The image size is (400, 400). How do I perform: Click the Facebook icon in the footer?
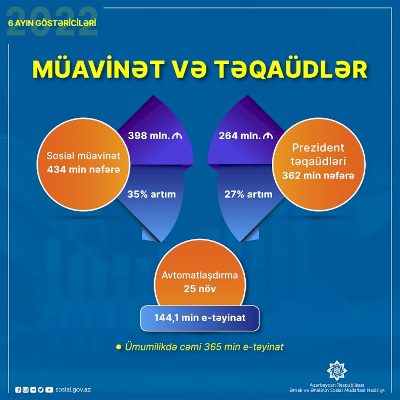click(18, 390)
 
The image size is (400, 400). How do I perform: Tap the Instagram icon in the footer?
click(26, 390)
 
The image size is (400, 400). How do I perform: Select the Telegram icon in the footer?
click(33, 390)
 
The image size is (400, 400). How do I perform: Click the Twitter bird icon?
click(41, 390)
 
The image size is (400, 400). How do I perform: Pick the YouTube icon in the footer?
click(49, 390)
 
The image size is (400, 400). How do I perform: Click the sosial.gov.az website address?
click(73, 390)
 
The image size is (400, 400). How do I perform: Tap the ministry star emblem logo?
click(337, 371)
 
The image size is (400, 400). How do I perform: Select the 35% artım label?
click(151, 194)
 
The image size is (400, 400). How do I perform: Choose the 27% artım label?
click(248, 194)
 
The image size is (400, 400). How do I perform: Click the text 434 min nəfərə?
click(83, 170)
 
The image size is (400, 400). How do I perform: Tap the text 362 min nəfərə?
click(318, 175)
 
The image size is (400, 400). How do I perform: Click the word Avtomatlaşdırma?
click(200, 275)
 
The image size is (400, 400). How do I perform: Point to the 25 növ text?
click(200, 289)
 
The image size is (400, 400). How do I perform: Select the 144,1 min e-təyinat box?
click(200, 318)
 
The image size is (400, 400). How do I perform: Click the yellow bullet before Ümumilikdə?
click(118, 347)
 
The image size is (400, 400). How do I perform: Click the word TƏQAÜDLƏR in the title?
click(291, 69)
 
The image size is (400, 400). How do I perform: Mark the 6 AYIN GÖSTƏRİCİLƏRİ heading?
click(52, 23)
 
